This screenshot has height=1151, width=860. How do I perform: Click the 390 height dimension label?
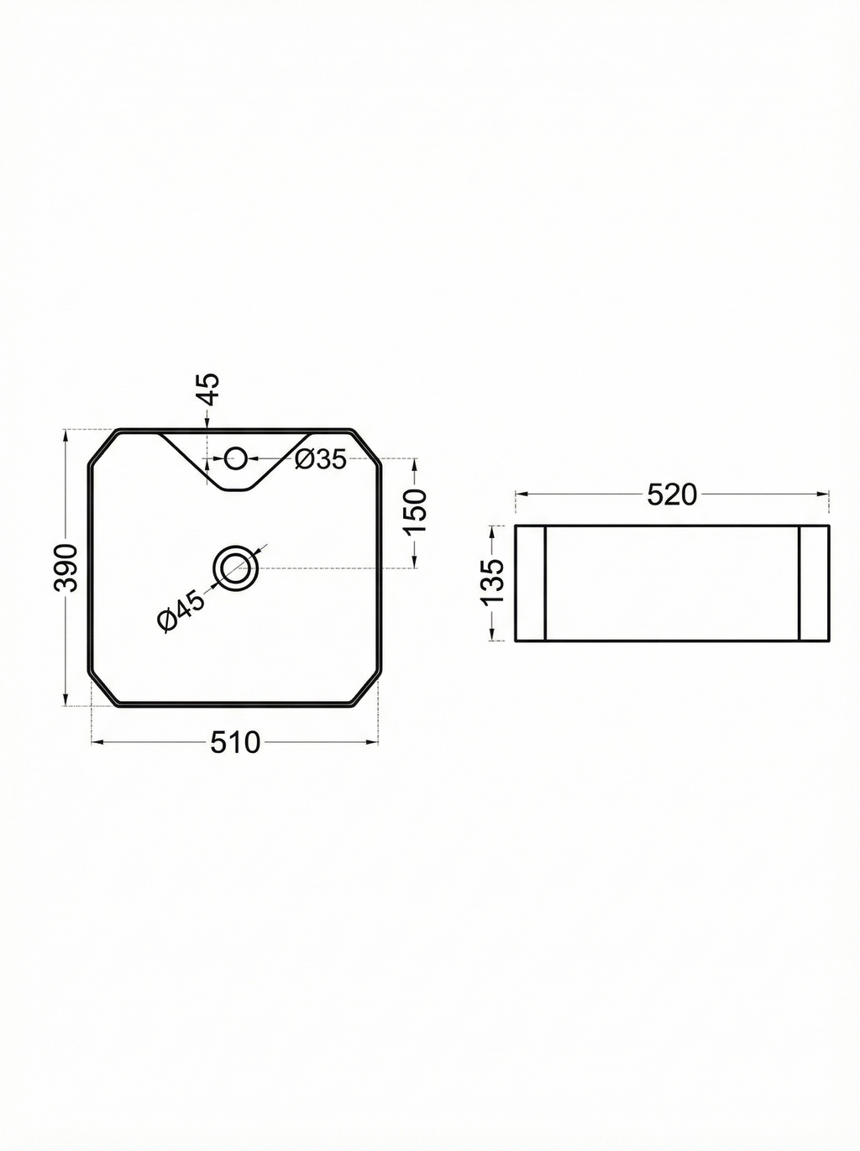[66, 568]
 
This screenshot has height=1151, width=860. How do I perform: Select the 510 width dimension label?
[235, 742]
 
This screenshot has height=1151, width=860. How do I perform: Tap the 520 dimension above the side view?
[672, 494]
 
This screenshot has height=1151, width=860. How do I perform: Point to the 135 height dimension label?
[492, 581]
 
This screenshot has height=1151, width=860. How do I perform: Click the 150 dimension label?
[417, 510]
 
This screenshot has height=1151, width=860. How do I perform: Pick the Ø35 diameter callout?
[321, 460]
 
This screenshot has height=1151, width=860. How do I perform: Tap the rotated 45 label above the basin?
[209, 390]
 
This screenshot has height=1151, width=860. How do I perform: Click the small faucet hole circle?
[235, 458]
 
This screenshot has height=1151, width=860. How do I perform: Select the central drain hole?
[235, 568]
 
